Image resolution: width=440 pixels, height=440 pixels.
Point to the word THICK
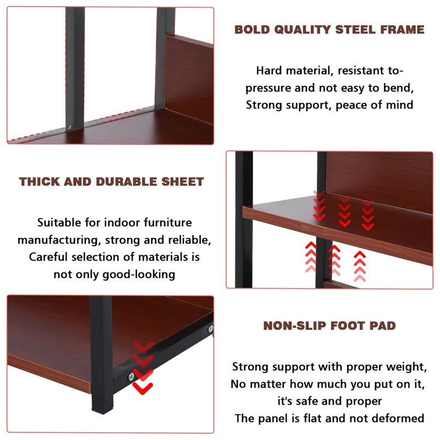point(40,182)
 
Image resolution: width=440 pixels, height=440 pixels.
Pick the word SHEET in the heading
point(183,182)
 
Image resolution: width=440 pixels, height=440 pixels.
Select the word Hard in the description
point(269,70)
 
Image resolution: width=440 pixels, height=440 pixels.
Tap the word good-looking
point(139,274)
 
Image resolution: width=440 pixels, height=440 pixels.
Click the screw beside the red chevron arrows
point(131,377)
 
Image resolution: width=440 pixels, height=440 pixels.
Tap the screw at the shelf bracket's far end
point(210,328)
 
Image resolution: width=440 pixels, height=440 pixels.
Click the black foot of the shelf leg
point(102,404)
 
